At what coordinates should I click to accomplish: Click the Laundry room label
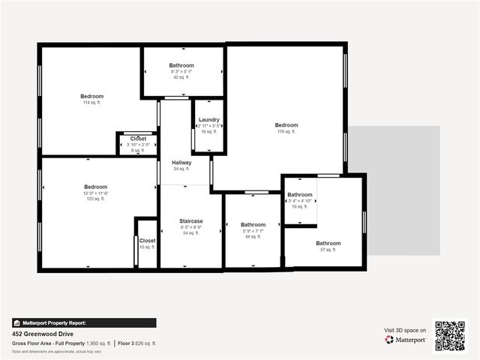[x=208, y=120]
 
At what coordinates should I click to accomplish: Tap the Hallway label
[x=181, y=163]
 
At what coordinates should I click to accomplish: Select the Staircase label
[x=191, y=220]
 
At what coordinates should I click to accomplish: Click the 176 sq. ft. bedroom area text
[x=286, y=131]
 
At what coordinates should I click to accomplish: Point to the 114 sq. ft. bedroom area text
[x=92, y=103]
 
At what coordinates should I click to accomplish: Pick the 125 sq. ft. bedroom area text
[x=95, y=199]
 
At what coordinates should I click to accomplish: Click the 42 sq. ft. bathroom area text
[x=181, y=77]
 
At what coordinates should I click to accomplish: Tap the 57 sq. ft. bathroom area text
[x=328, y=250]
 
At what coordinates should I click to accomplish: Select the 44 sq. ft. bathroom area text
[x=253, y=236]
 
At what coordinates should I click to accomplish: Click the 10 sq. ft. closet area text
[x=147, y=247]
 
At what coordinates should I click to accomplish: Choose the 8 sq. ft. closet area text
[x=138, y=151]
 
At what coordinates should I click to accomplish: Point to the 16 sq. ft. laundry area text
[x=208, y=131]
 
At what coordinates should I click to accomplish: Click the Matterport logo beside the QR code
[x=406, y=340]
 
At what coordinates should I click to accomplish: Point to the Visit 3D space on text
[x=405, y=330]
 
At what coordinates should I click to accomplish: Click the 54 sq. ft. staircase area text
[x=191, y=233]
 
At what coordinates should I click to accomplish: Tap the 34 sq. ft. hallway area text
[x=181, y=169]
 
